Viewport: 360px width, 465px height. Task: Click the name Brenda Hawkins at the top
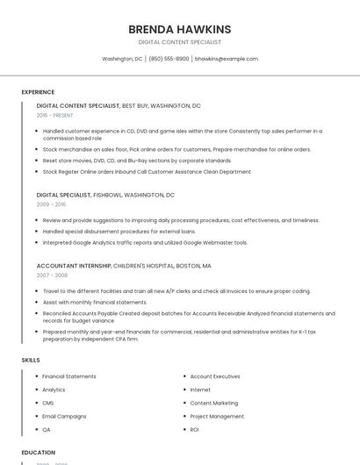(x=179, y=29)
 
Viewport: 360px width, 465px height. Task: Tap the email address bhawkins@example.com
(x=227, y=59)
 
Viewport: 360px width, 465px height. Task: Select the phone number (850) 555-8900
(x=169, y=59)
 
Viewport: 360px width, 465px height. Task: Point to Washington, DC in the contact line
(x=122, y=59)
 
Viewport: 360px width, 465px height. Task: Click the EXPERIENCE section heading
(x=38, y=92)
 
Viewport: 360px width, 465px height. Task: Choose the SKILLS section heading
(x=31, y=360)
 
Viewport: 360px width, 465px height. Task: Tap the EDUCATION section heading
(x=39, y=453)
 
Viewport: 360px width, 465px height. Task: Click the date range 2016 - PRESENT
(x=54, y=115)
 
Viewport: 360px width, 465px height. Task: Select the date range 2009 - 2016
(x=51, y=204)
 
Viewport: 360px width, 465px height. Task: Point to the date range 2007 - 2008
(x=52, y=275)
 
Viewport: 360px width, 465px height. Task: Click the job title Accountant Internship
(x=74, y=265)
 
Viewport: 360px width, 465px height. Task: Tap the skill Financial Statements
(x=69, y=376)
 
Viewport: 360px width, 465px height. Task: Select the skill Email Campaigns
(x=64, y=416)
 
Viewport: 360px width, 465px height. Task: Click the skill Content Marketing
(x=213, y=403)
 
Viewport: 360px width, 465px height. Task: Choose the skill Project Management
(x=217, y=416)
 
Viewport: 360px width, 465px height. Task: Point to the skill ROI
(x=194, y=430)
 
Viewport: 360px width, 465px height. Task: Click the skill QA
(x=47, y=430)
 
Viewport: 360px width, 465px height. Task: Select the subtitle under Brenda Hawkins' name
(x=179, y=42)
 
